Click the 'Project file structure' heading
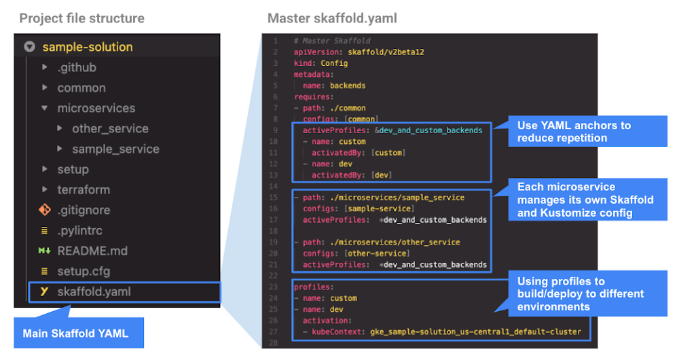(x=81, y=18)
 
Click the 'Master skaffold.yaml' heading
(x=332, y=18)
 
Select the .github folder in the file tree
(x=76, y=67)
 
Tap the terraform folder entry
(x=83, y=190)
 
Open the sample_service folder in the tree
(x=115, y=149)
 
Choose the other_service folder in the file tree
(x=110, y=128)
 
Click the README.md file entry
(x=92, y=251)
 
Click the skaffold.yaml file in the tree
(x=94, y=291)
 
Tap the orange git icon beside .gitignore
(x=45, y=210)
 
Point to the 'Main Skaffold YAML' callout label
(x=75, y=334)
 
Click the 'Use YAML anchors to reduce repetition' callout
(x=574, y=132)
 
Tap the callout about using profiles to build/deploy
(x=581, y=293)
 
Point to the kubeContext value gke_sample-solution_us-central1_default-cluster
(x=475, y=331)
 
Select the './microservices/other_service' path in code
(x=395, y=242)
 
